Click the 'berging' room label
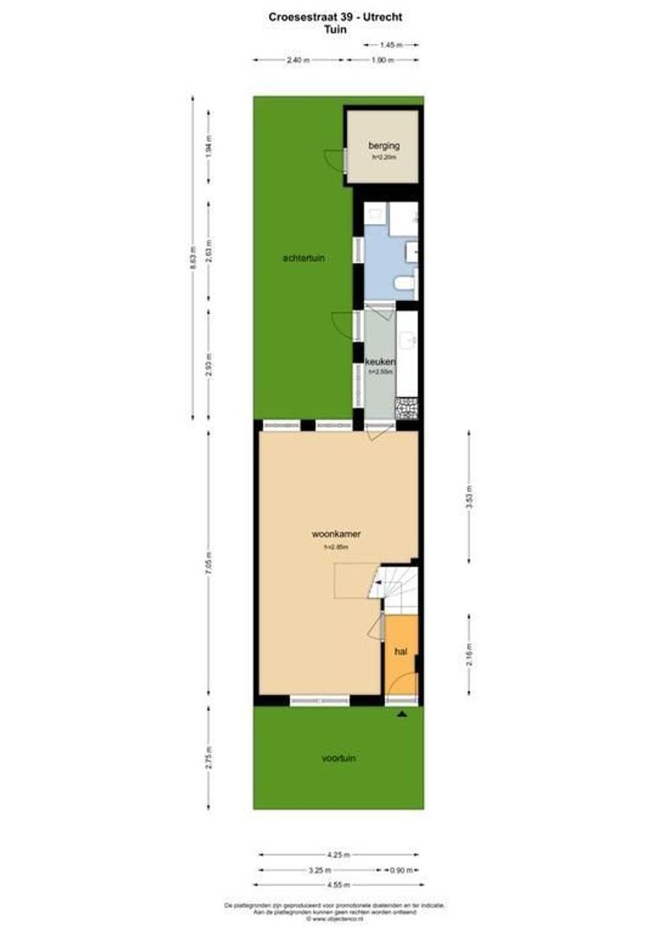[383, 146]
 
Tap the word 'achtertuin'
[304, 258]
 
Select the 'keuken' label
[381, 361]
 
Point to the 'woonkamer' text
[336, 534]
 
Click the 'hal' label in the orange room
[401, 651]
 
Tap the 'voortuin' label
[339, 758]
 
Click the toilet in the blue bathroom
[403, 283]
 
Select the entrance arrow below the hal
[401, 714]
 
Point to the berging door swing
[334, 159]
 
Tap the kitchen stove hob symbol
[406, 407]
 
